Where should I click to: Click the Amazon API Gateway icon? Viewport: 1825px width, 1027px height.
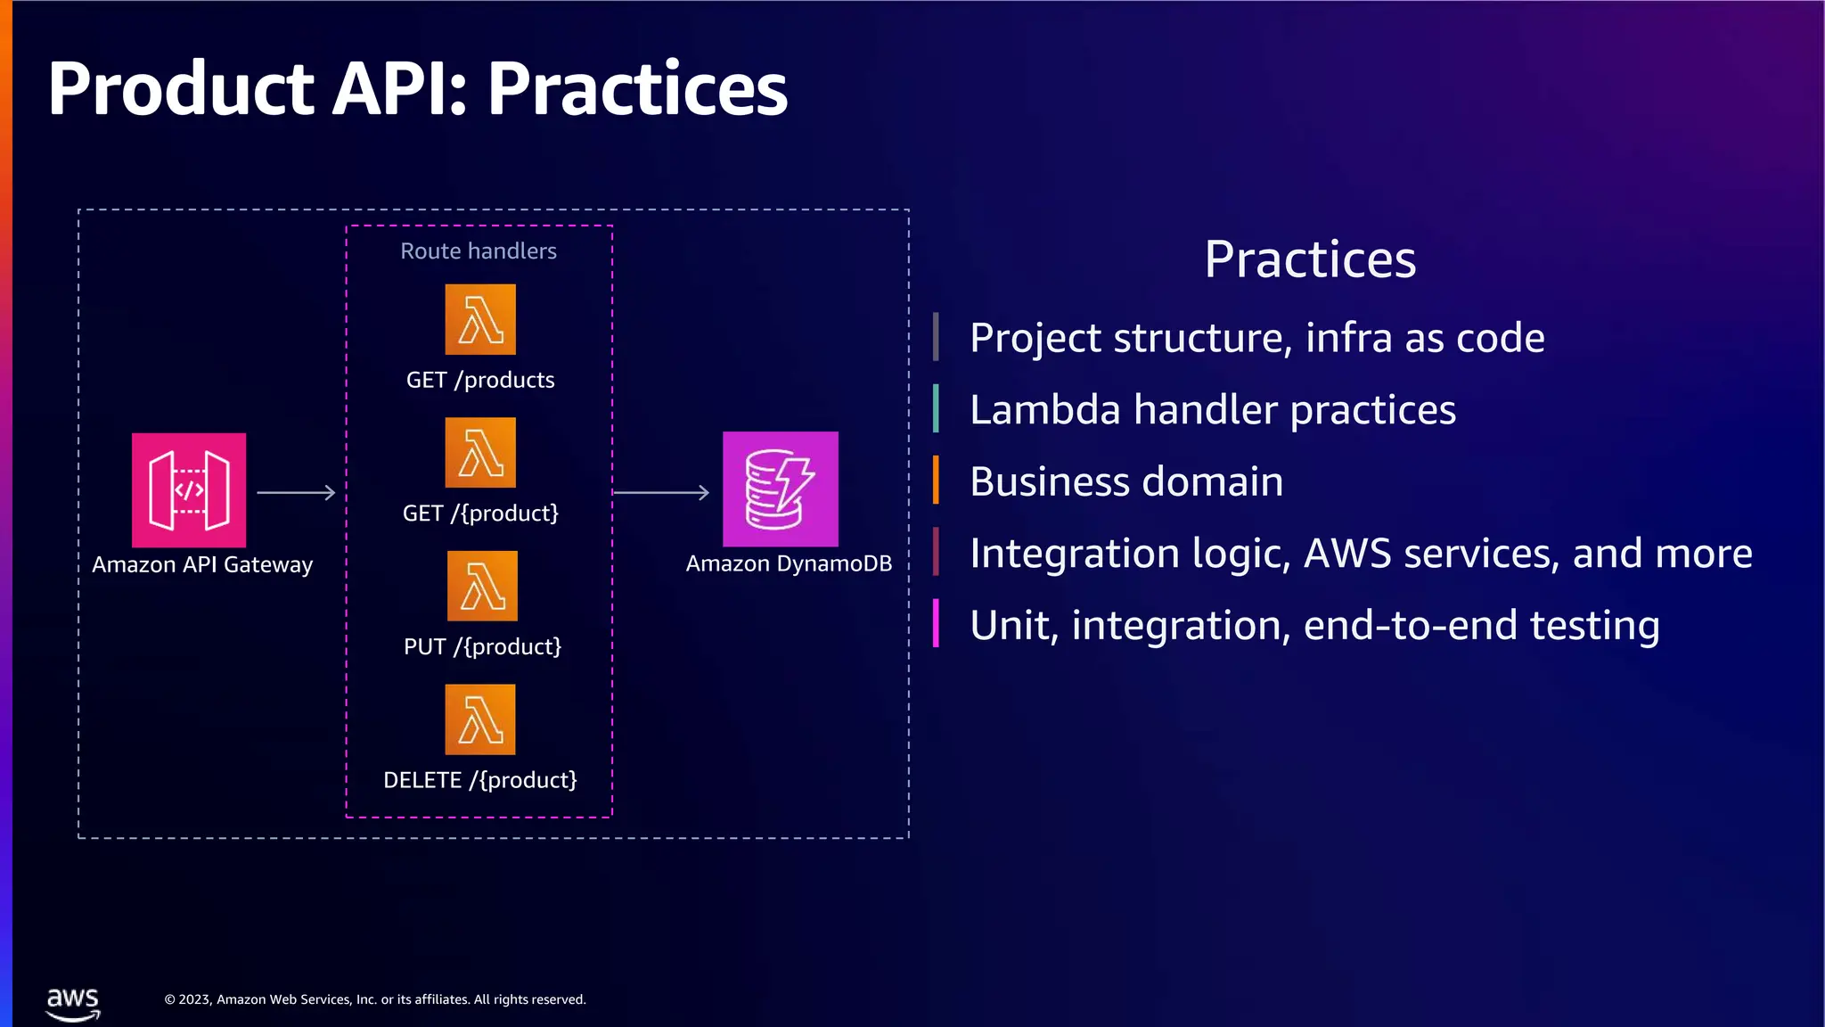pos(189,489)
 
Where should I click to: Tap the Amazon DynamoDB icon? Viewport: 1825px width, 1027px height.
pos(780,489)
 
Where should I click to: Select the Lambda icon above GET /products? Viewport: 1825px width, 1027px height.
pos(480,319)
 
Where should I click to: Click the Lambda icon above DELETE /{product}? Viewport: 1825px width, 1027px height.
pos(480,719)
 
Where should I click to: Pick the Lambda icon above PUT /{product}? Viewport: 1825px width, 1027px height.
pos(482,586)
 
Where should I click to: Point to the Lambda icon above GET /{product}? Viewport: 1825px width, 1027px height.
pos(480,452)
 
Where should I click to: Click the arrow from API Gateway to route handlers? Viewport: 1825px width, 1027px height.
pos(296,492)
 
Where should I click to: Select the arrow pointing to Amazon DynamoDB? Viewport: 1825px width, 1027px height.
pos(661,492)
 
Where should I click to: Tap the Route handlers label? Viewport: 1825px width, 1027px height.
pos(479,251)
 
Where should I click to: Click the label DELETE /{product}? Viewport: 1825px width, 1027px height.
pos(480,780)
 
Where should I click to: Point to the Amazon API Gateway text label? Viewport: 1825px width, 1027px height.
pos(202,565)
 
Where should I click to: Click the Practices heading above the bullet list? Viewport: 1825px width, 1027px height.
pos(1310,259)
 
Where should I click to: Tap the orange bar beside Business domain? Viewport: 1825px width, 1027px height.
pos(936,481)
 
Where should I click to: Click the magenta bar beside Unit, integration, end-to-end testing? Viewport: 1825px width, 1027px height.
pos(936,623)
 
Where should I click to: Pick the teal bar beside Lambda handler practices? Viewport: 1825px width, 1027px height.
pos(936,408)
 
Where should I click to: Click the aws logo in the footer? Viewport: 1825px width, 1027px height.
pos(73,1003)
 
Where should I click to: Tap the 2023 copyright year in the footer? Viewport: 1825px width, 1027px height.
pos(195,1000)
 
